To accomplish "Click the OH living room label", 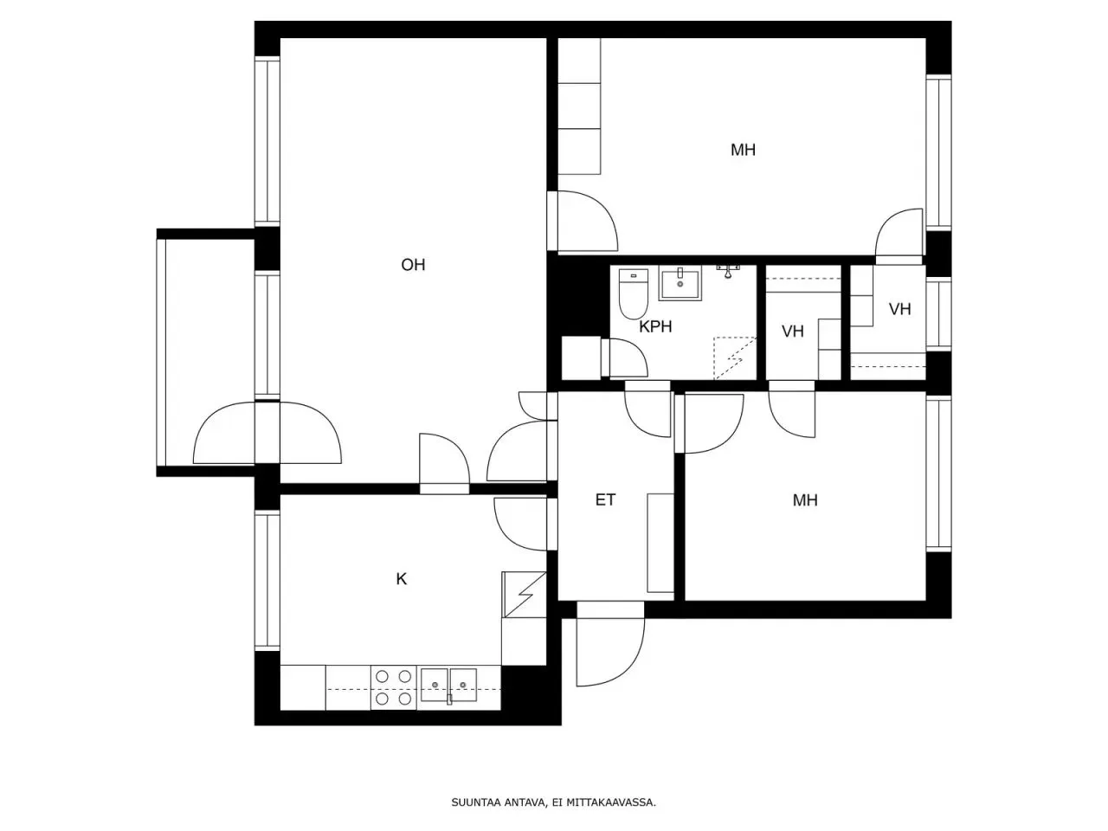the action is (x=413, y=265).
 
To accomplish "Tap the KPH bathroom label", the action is (x=655, y=327).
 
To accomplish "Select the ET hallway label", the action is (x=605, y=499).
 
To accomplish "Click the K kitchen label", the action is (x=402, y=579).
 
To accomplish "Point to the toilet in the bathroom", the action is (x=634, y=293).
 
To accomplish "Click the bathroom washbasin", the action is (x=680, y=283).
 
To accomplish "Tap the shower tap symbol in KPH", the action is (x=727, y=271).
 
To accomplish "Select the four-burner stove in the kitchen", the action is (x=394, y=687).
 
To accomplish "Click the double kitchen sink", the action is (x=448, y=686).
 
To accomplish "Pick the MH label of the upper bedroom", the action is (x=743, y=150).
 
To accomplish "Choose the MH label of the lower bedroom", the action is (x=805, y=500).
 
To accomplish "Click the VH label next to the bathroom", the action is (x=793, y=332).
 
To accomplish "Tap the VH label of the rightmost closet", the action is (x=899, y=309).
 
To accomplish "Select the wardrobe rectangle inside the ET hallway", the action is (x=660, y=543).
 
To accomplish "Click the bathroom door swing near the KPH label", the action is (x=628, y=358).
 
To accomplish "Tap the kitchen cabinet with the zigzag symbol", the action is (x=524, y=595).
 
